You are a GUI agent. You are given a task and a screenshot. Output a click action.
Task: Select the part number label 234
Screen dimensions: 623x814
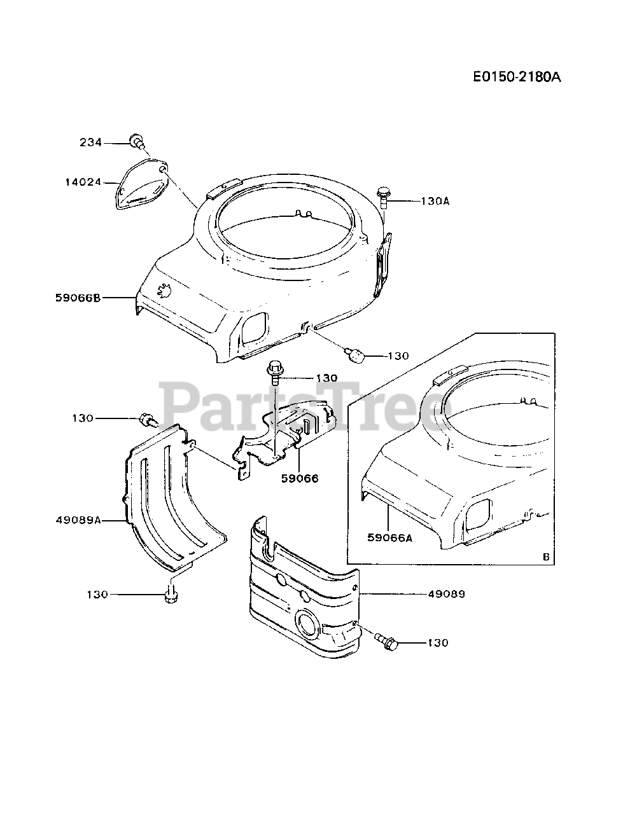(x=90, y=143)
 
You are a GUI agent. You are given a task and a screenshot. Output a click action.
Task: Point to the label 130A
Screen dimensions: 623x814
(x=435, y=201)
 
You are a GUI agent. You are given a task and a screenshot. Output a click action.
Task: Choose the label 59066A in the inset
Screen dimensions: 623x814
(x=389, y=537)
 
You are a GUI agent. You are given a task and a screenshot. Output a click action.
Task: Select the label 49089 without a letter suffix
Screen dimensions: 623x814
(x=446, y=594)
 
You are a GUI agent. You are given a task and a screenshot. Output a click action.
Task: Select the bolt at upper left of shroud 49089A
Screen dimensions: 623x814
(x=147, y=420)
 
